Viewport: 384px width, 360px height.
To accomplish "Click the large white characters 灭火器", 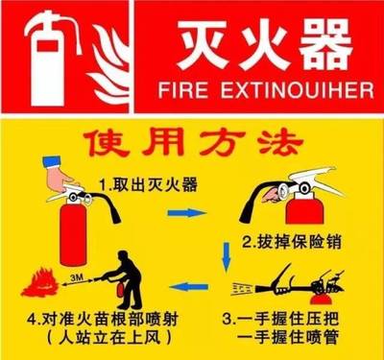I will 259,43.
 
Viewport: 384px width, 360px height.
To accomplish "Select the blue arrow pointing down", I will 226,253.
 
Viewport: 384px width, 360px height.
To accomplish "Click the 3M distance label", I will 78,275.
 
